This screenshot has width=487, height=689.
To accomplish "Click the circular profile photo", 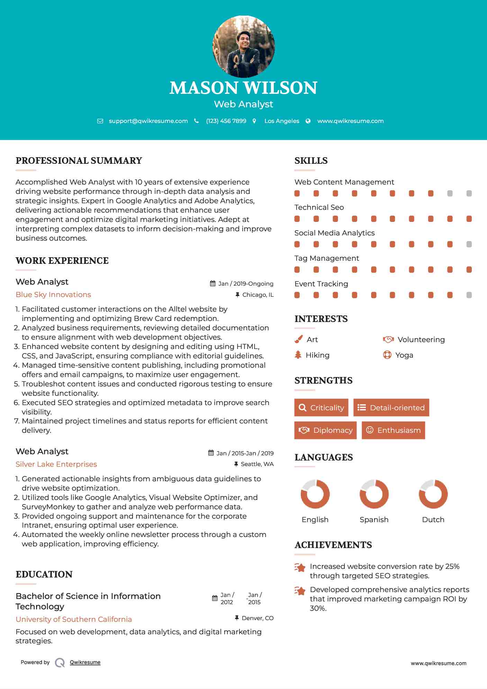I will pyautogui.click(x=243, y=46).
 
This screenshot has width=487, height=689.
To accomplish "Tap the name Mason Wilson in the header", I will pyautogui.click(x=243, y=88).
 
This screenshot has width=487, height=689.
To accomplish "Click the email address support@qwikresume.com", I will pyautogui.click(x=148, y=121).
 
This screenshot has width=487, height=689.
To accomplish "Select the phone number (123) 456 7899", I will pyautogui.click(x=226, y=121).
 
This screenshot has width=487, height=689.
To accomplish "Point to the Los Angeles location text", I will pyautogui.click(x=282, y=121).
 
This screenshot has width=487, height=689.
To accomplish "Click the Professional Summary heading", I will pyautogui.click(x=79, y=161).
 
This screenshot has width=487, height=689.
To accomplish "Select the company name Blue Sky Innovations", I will pyautogui.click(x=53, y=295).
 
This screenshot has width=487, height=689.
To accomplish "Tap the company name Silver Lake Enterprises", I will pyautogui.click(x=56, y=464).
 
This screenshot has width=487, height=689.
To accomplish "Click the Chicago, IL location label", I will pyautogui.click(x=258, y=295).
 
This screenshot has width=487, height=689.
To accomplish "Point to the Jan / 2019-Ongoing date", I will pyautogui.click(x=246, y=284).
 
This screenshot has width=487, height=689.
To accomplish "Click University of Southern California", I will pyautogui.click(x=74, y=619).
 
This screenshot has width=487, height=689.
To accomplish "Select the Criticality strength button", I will pyautogui.click(x=321, y=408).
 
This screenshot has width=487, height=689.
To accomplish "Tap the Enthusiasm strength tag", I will pyautogui.click(x=393, y=430).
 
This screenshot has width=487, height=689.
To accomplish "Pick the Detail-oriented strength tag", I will pyautogui.click(x=391, y=408).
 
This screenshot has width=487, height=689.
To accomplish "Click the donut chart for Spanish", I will pyautogui.click(x=374, y=494).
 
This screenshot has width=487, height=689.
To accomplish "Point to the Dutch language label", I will pyautogui.click(x=433, y=520).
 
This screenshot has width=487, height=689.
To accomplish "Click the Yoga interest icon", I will pyautogui.click(x=387, y=355).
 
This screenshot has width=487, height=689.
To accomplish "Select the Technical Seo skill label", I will pyautogui.click(x=319, y=207).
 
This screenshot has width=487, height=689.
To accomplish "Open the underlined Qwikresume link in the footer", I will pyautogui.click(x=85, y=662).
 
